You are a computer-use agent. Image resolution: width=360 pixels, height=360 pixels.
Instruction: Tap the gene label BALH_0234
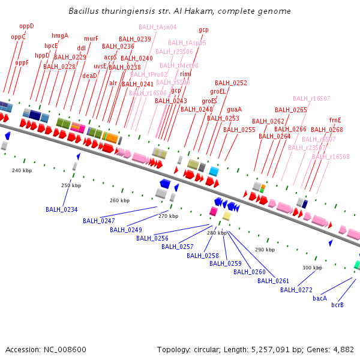[x=62, y=209]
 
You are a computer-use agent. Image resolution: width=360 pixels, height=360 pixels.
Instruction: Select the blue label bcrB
[x=337, y=305]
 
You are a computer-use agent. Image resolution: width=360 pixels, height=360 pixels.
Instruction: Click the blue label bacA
[x=320, y=298]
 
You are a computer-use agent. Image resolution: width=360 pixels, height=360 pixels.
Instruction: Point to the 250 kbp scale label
[x=71, y=185]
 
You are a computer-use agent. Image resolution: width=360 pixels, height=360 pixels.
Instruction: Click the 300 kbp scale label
[x=312, y=268]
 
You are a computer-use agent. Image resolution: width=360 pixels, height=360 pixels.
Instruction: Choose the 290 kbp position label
[x=265, y=249]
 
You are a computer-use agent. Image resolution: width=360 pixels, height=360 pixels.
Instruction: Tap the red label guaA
[x=234, y=109]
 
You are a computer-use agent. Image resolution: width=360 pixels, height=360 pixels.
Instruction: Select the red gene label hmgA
[x=60, y=35]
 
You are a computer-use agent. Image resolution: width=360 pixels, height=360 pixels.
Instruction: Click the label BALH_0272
[x=296, y=290]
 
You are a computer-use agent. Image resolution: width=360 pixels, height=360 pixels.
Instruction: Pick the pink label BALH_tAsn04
[x=157, y=27]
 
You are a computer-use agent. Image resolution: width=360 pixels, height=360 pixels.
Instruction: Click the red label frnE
[x=335, y=120]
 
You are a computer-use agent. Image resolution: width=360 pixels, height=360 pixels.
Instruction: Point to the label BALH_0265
[x=291, y=110]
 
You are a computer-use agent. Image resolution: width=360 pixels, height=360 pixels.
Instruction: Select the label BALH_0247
[x=99, y=221]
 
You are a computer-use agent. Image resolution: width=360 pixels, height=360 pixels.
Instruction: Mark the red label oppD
[x=26, y=26]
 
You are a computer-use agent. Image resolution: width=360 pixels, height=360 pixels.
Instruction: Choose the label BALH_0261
[x=274, y=281]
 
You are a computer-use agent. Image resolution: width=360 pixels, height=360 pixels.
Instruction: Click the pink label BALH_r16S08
[x=331, y=157]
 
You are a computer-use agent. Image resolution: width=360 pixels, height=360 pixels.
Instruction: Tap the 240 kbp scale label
[x=22, y=170]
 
